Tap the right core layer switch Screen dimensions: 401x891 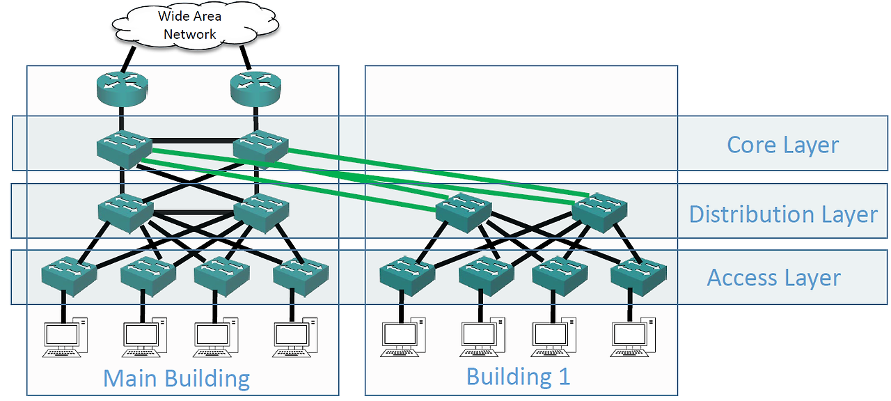pyautogui.click(x=260, y=147)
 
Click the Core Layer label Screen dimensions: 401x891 pyautogui.click(x=782, y=145)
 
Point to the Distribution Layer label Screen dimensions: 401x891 pyautogui.click(x=783, y=214)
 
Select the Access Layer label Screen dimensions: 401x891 pyautogui.click(x=773, y=278)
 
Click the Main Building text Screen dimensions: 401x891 pyautogui.click(x=176, y=379)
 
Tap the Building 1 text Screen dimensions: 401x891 pyautogui.click(x=518, y=377)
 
